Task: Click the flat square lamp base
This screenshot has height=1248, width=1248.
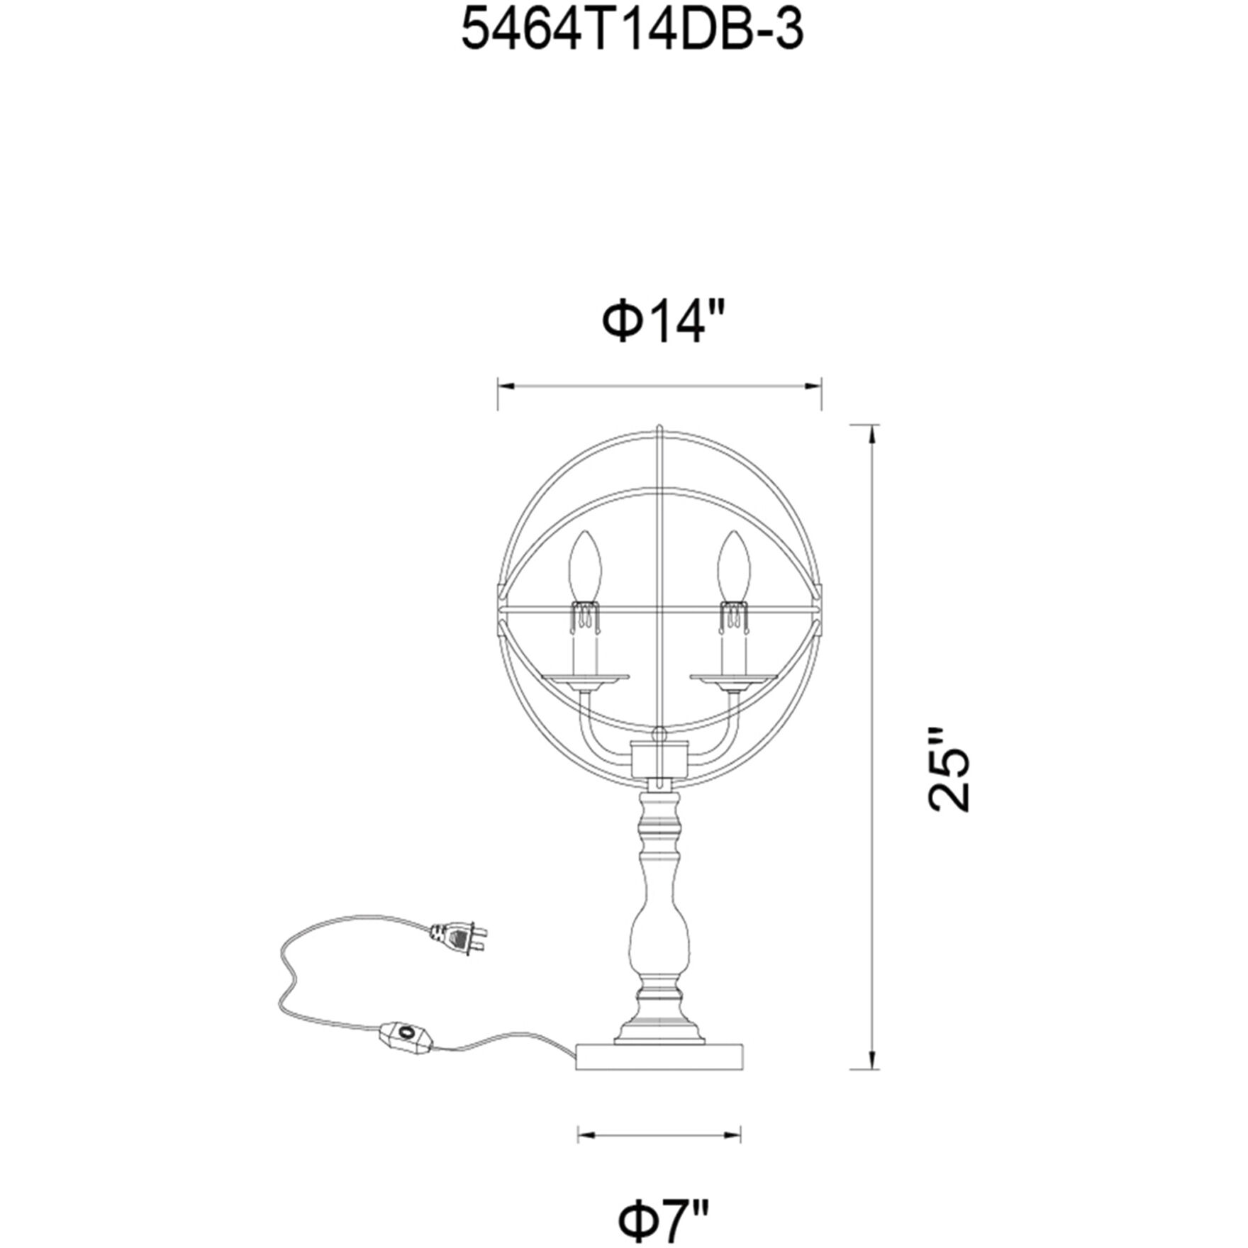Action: coord(660,1076)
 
